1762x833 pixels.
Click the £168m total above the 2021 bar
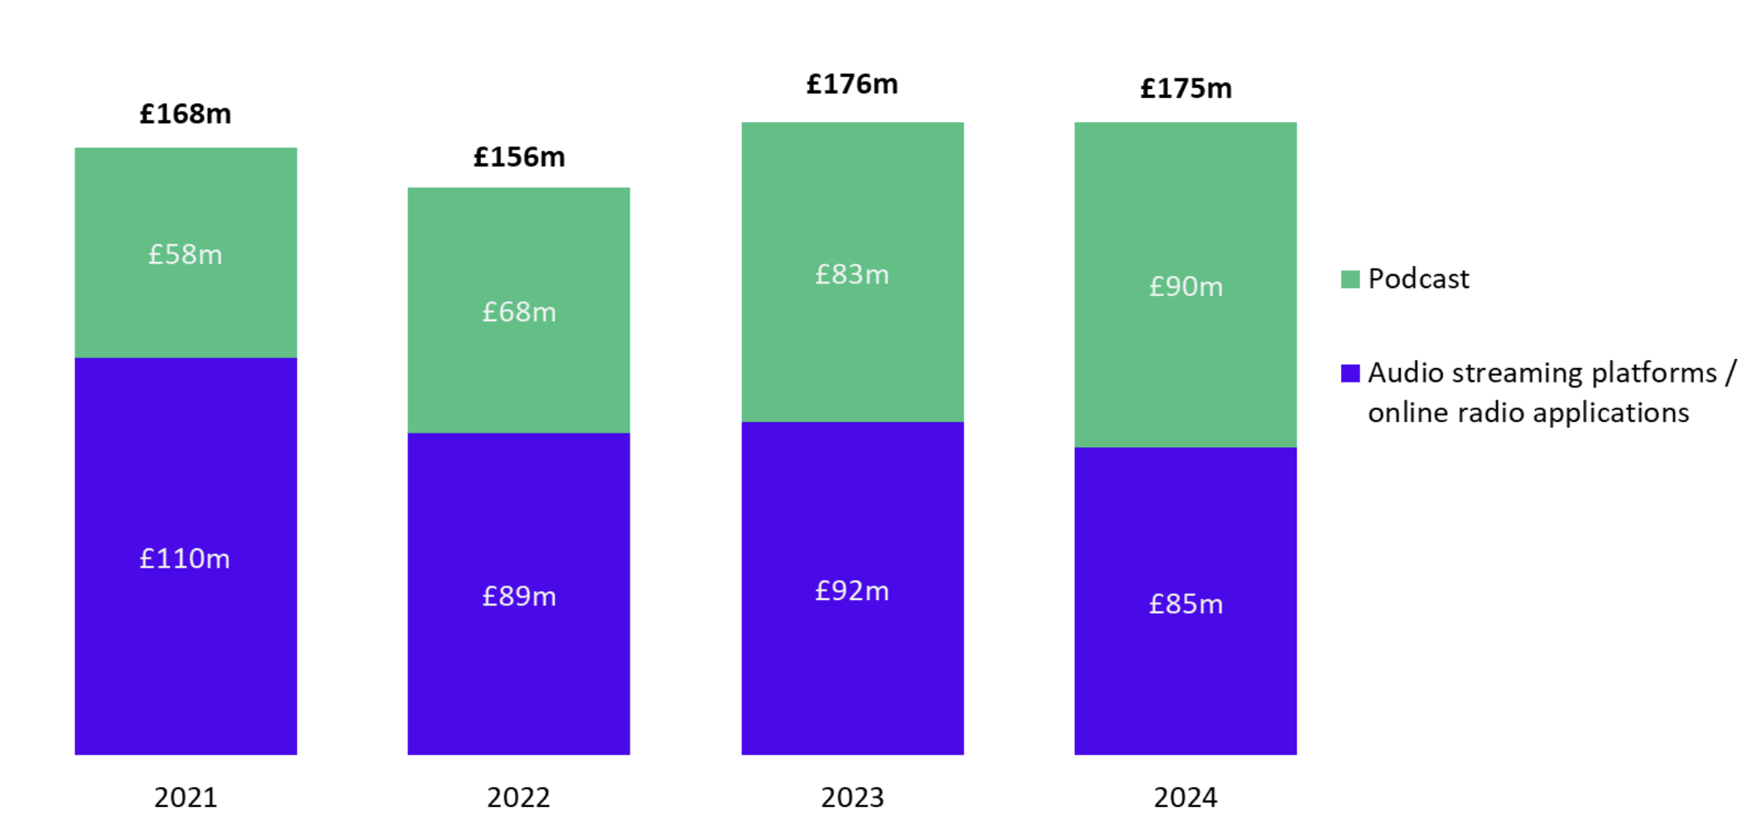[185, 114]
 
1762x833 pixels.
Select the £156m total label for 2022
[519, 157]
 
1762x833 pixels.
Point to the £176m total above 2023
[852, 84]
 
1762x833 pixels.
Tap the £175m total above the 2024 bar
[1186, 88]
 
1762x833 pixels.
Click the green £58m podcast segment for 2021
[185, 254]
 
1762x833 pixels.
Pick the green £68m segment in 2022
[519, 311]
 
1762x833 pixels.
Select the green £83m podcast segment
[852, 274]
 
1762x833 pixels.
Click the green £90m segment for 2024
[1186, 286]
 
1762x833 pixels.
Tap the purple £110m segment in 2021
[185, 558]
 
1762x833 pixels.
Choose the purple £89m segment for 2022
[519, 596]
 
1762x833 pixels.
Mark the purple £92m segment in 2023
[852, 590]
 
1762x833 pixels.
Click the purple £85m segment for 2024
[1186, 603]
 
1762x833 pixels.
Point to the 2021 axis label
[185, 797]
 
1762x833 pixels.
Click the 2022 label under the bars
[519, 797]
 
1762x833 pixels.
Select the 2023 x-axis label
[852, 797]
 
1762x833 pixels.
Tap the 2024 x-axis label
[1186, 797]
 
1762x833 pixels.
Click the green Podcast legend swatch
[1350, 279]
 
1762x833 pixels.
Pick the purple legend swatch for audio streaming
[1350, 373]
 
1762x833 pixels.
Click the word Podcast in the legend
[1418, 279]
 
